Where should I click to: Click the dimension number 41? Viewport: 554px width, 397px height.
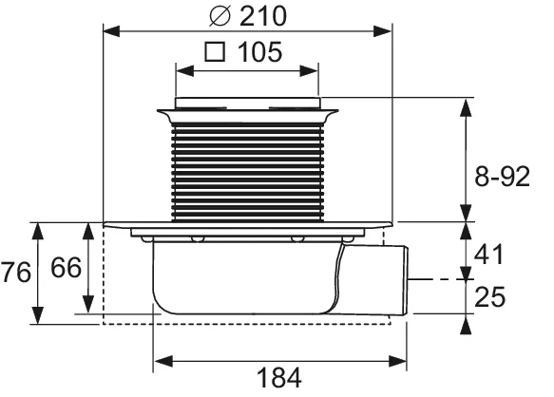coord(488,255)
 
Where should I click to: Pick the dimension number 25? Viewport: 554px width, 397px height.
coord(488,297)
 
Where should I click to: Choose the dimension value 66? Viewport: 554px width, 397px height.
coord(65,271)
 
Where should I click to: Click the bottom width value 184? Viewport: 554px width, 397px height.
coord(277,377)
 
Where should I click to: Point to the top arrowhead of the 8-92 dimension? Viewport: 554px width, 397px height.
coord(465,104)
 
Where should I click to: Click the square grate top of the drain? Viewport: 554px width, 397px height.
coord(248,102)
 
